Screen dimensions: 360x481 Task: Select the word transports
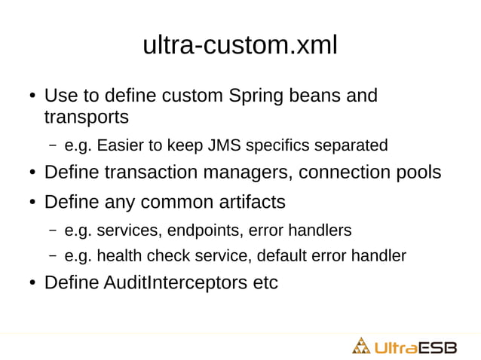pyautogui.click(x=86, y=117)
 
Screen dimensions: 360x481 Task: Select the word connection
pyautogui.click(x=336, y=172)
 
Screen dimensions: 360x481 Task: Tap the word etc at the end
pyautogui.click(x=265, y=284)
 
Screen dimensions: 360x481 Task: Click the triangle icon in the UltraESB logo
pyautogui.click(x=362, y=346)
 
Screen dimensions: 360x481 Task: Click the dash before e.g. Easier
pyautogui.click(x=54, y=145)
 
